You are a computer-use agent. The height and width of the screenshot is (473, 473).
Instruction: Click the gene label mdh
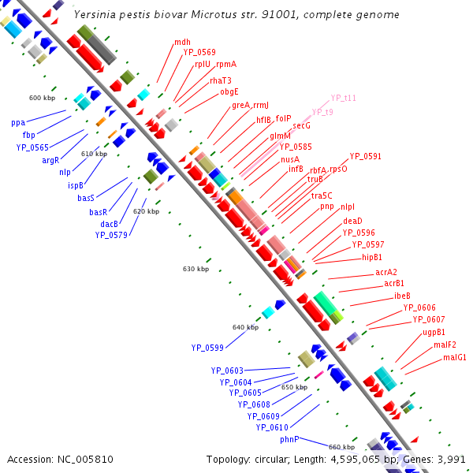(183, 42)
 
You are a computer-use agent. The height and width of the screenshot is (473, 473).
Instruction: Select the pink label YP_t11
(344, 98)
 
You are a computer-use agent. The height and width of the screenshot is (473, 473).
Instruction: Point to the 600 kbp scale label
(41, 98)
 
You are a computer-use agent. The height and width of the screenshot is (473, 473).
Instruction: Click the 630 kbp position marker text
(196, 269)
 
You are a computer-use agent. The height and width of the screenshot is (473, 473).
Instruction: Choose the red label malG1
(455, 357)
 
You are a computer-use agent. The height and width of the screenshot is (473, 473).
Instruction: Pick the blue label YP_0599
(207, 347)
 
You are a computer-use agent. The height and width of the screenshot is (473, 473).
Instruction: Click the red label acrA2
(386, 273)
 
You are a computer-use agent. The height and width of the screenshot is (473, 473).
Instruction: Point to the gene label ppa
(18, 123)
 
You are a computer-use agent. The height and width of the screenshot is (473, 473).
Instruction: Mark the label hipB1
(372, 257)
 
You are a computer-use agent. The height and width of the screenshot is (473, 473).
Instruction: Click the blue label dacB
(109, 224)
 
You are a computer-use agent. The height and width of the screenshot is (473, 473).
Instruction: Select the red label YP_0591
(365, 156)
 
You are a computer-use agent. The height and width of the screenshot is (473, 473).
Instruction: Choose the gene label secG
(302, 125)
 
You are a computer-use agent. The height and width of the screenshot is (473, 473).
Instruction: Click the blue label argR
(51, 159)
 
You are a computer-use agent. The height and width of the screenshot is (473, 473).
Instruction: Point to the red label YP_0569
(200, 52)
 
